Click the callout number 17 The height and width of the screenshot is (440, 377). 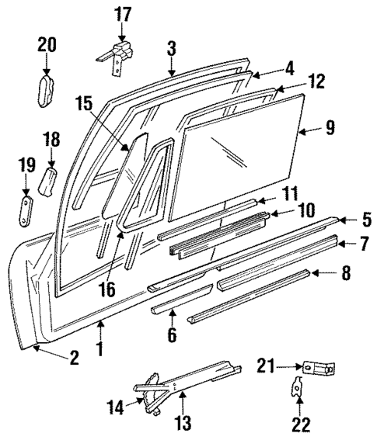click(123, 13)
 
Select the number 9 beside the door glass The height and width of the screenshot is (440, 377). click(330, 126)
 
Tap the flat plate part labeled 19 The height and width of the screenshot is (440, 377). click(26, 211)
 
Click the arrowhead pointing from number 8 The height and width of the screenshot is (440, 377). click(313, 273)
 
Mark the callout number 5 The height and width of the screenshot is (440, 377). click(365, 220)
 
